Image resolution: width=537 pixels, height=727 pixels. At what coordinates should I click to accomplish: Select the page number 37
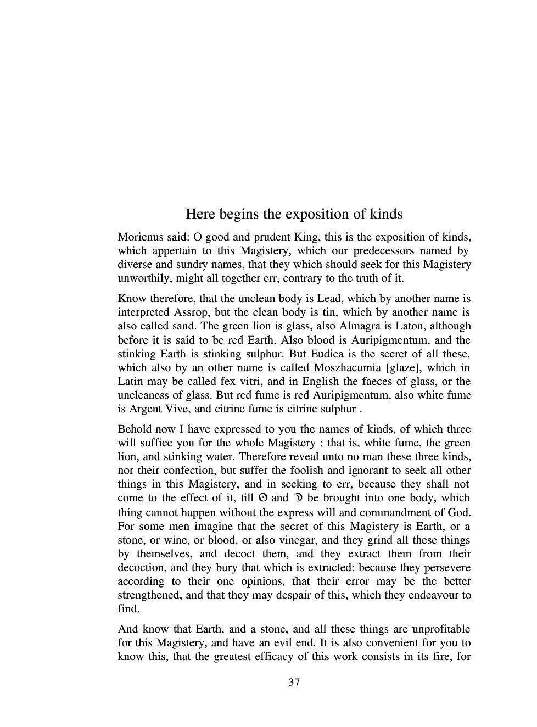pyautogui.click(x=294, y=683)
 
